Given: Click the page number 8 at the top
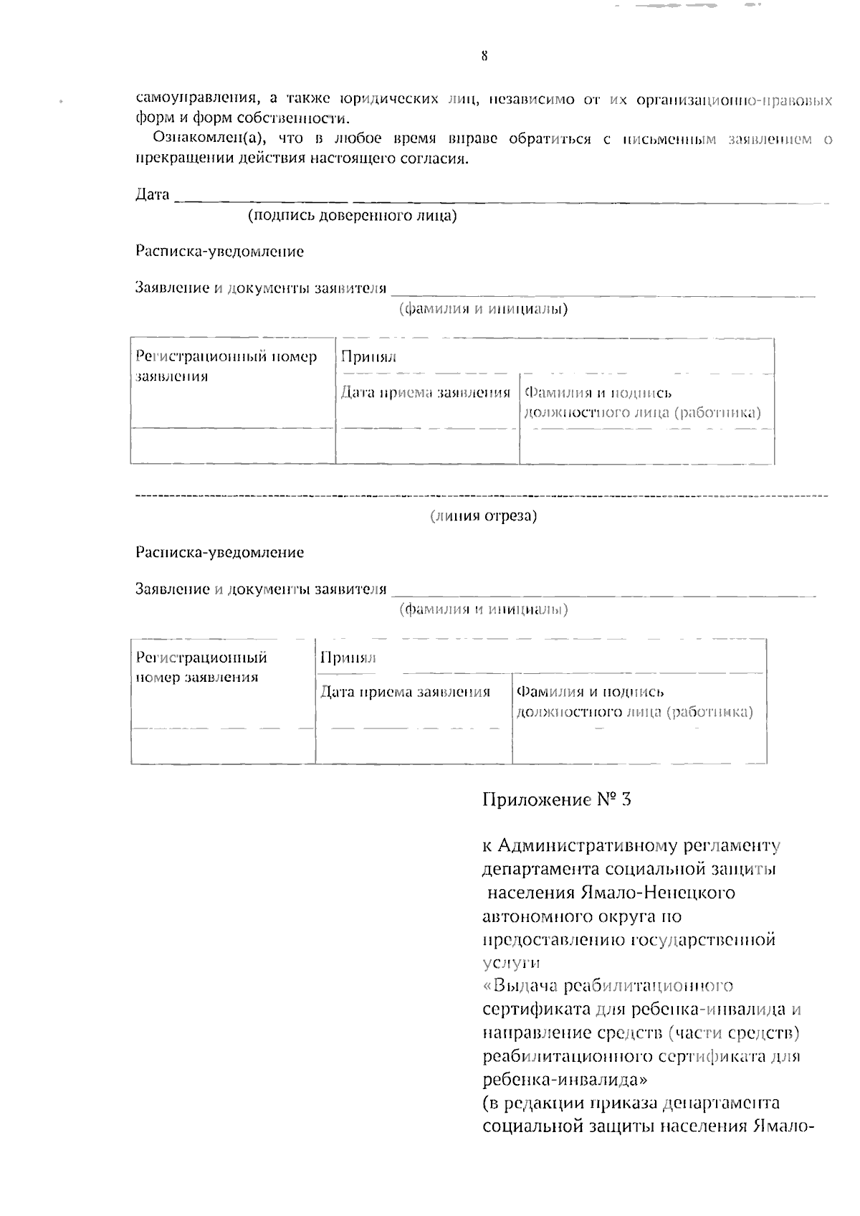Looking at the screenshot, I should point(484,56).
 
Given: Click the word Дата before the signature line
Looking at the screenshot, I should point(153,194).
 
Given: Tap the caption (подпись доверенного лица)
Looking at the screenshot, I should point(352,215).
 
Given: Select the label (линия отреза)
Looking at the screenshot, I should point(483,516).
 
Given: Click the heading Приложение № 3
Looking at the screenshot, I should point(556,799).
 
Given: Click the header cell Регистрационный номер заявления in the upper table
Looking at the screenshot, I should point(226,366).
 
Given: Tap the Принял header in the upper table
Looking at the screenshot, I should point(368,356).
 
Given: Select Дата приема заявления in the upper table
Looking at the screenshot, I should point(425,392).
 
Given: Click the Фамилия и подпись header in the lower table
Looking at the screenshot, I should point(591,692).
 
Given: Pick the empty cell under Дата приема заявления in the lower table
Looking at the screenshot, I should point(414,746).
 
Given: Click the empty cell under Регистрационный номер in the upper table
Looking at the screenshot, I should point(232,446).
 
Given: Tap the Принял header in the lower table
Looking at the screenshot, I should point(348,657).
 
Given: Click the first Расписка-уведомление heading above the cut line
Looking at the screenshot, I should point(219,252).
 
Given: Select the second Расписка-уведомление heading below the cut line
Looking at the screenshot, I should point(219,552).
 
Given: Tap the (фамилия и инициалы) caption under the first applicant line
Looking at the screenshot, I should point(483,309).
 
